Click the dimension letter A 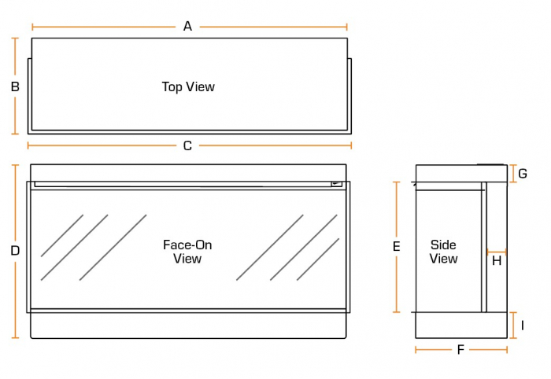[187, 26]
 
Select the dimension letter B [15, 86]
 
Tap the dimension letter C [187, 145]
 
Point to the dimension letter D [15, 251]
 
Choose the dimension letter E [397, 246]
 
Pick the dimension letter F [460, 350]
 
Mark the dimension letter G [522, 173]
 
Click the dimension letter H [497, 261]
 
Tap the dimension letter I [522, 325]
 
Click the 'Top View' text [188, 86]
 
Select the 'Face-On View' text [187, 252]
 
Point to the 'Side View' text [443, 252]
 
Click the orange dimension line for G [512, 173]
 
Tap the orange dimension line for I [512, 325]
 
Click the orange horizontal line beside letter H [497, 252]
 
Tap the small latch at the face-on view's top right [337, 184]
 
